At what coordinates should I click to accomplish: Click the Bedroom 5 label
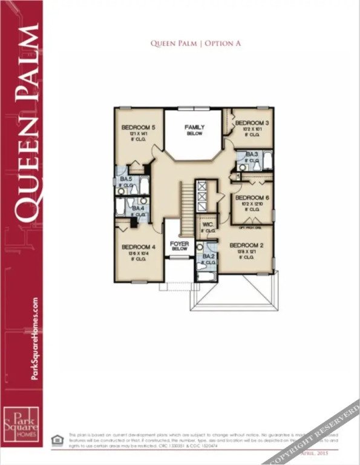(139, 127)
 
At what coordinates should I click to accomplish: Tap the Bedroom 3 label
(252, 123)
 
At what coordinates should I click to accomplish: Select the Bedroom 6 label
(252, 198)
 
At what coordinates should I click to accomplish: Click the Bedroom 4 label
(139, 247)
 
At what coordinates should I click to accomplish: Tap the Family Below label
(195, 127)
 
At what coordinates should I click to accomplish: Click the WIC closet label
(207, 224)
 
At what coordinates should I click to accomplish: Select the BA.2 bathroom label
(209, 257)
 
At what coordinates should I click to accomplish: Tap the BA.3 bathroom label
(252, 155)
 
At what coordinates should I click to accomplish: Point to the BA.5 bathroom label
(126, 180)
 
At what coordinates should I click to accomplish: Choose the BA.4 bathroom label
(138, 209)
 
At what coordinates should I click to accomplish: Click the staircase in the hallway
(188, 202)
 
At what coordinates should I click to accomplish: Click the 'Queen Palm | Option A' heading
(195, 44)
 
